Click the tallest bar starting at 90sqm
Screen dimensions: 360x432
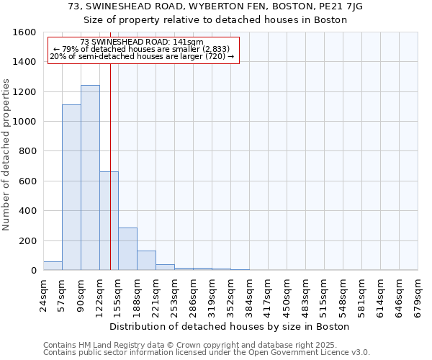click(90, 178)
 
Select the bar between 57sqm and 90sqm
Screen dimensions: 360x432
click(71, 187)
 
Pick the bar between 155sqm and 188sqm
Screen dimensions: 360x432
click(127, 248)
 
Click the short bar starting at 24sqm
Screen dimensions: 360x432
click(53, 266)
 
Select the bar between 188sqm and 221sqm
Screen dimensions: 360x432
click(146, 261)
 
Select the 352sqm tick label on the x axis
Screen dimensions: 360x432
click(231, 295)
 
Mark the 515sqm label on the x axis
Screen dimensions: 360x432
click(325, 295)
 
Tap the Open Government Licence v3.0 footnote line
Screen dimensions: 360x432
click(207, 352)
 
